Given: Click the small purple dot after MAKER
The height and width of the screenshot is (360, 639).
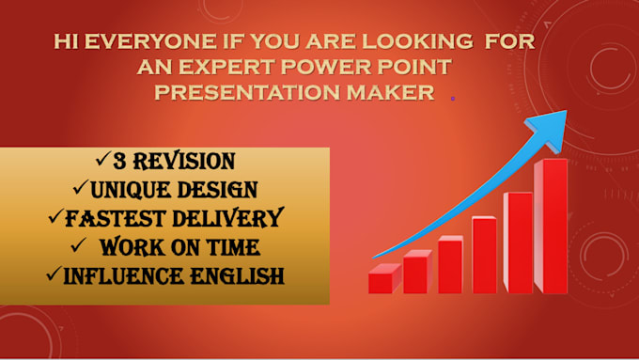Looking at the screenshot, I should [453, 98].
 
